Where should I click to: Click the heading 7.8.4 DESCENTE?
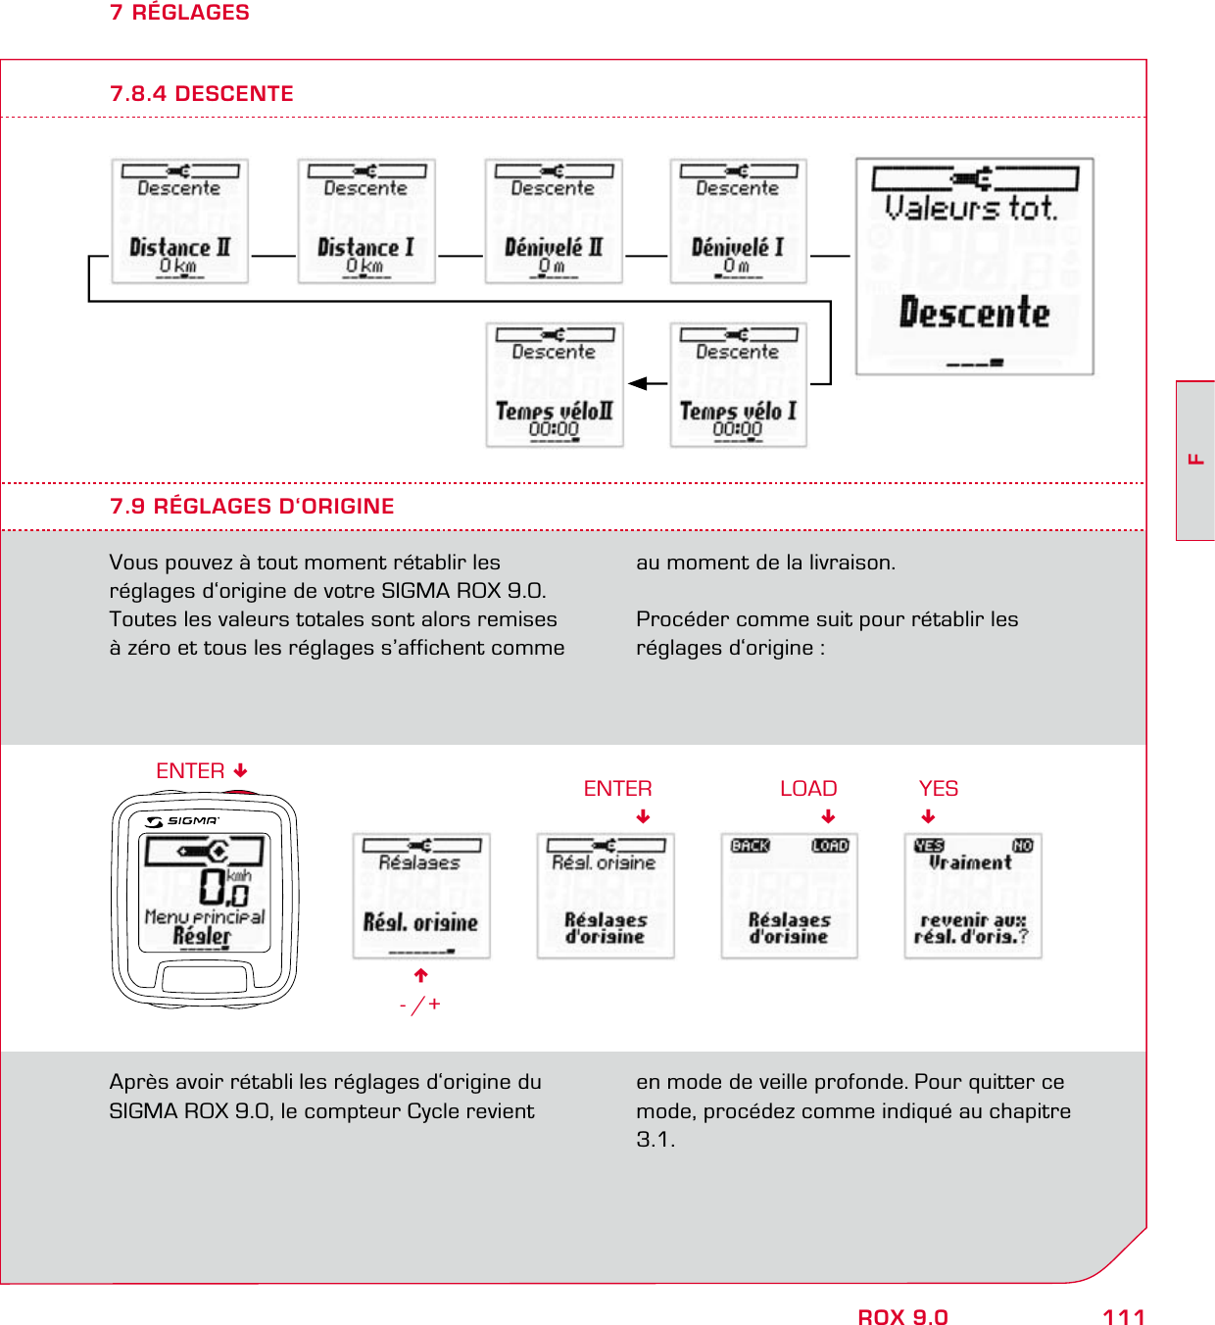click(x=202, y=94)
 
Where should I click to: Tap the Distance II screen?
click(x=179, y=221)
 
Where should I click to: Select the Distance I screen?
click(x=365, y=221)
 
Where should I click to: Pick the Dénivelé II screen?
click(x=553, y=221)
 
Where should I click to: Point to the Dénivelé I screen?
click(x=738, y=221)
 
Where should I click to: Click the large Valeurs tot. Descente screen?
click(x=974, y=267)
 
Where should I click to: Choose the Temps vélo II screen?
click(x=554, y=385)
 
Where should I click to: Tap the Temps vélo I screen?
click(x=738, y=385)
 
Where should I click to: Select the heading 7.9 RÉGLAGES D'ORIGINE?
click(x=252, y=507)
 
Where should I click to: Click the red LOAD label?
click(x=808, y=789)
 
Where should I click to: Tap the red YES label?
click(x=938, y=789)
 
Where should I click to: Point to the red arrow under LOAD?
click(x=828, y=816)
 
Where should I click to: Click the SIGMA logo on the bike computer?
click(x=183, y=821)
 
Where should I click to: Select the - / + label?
click(x=420, y=1005)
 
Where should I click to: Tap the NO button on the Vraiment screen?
click(x=1022, y=846)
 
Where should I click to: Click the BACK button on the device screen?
click(x=751, y=846)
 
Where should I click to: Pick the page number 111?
click(x=1123, y=1317)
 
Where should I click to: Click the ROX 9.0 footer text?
click(x=902, y=1317)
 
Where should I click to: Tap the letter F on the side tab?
click(x=1195, y=459)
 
